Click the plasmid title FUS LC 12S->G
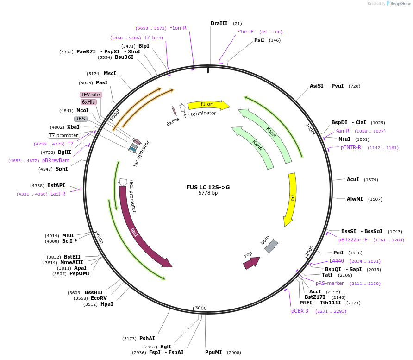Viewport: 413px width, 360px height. (208, 187)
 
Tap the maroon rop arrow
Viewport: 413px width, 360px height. (251, 263)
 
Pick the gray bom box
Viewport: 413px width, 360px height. (271, 246)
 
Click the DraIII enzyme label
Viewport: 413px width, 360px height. (219, 23)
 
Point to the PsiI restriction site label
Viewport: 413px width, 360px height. (259, 40)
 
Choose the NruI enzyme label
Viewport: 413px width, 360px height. (344, 139)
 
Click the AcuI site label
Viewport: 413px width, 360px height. (353, 179)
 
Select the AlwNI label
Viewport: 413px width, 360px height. (355, 199)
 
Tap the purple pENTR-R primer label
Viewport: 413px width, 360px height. (351, 148)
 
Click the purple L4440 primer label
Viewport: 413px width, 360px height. (337, 261)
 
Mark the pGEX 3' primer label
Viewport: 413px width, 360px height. (300, 311)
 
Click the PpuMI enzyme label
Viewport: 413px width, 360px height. (213, 352)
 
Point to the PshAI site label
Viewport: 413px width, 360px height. (147, 338)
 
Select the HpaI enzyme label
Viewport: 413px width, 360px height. (106, 304)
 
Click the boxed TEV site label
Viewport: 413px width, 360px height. (91, 95)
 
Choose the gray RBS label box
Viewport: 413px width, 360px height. (81, 119)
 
